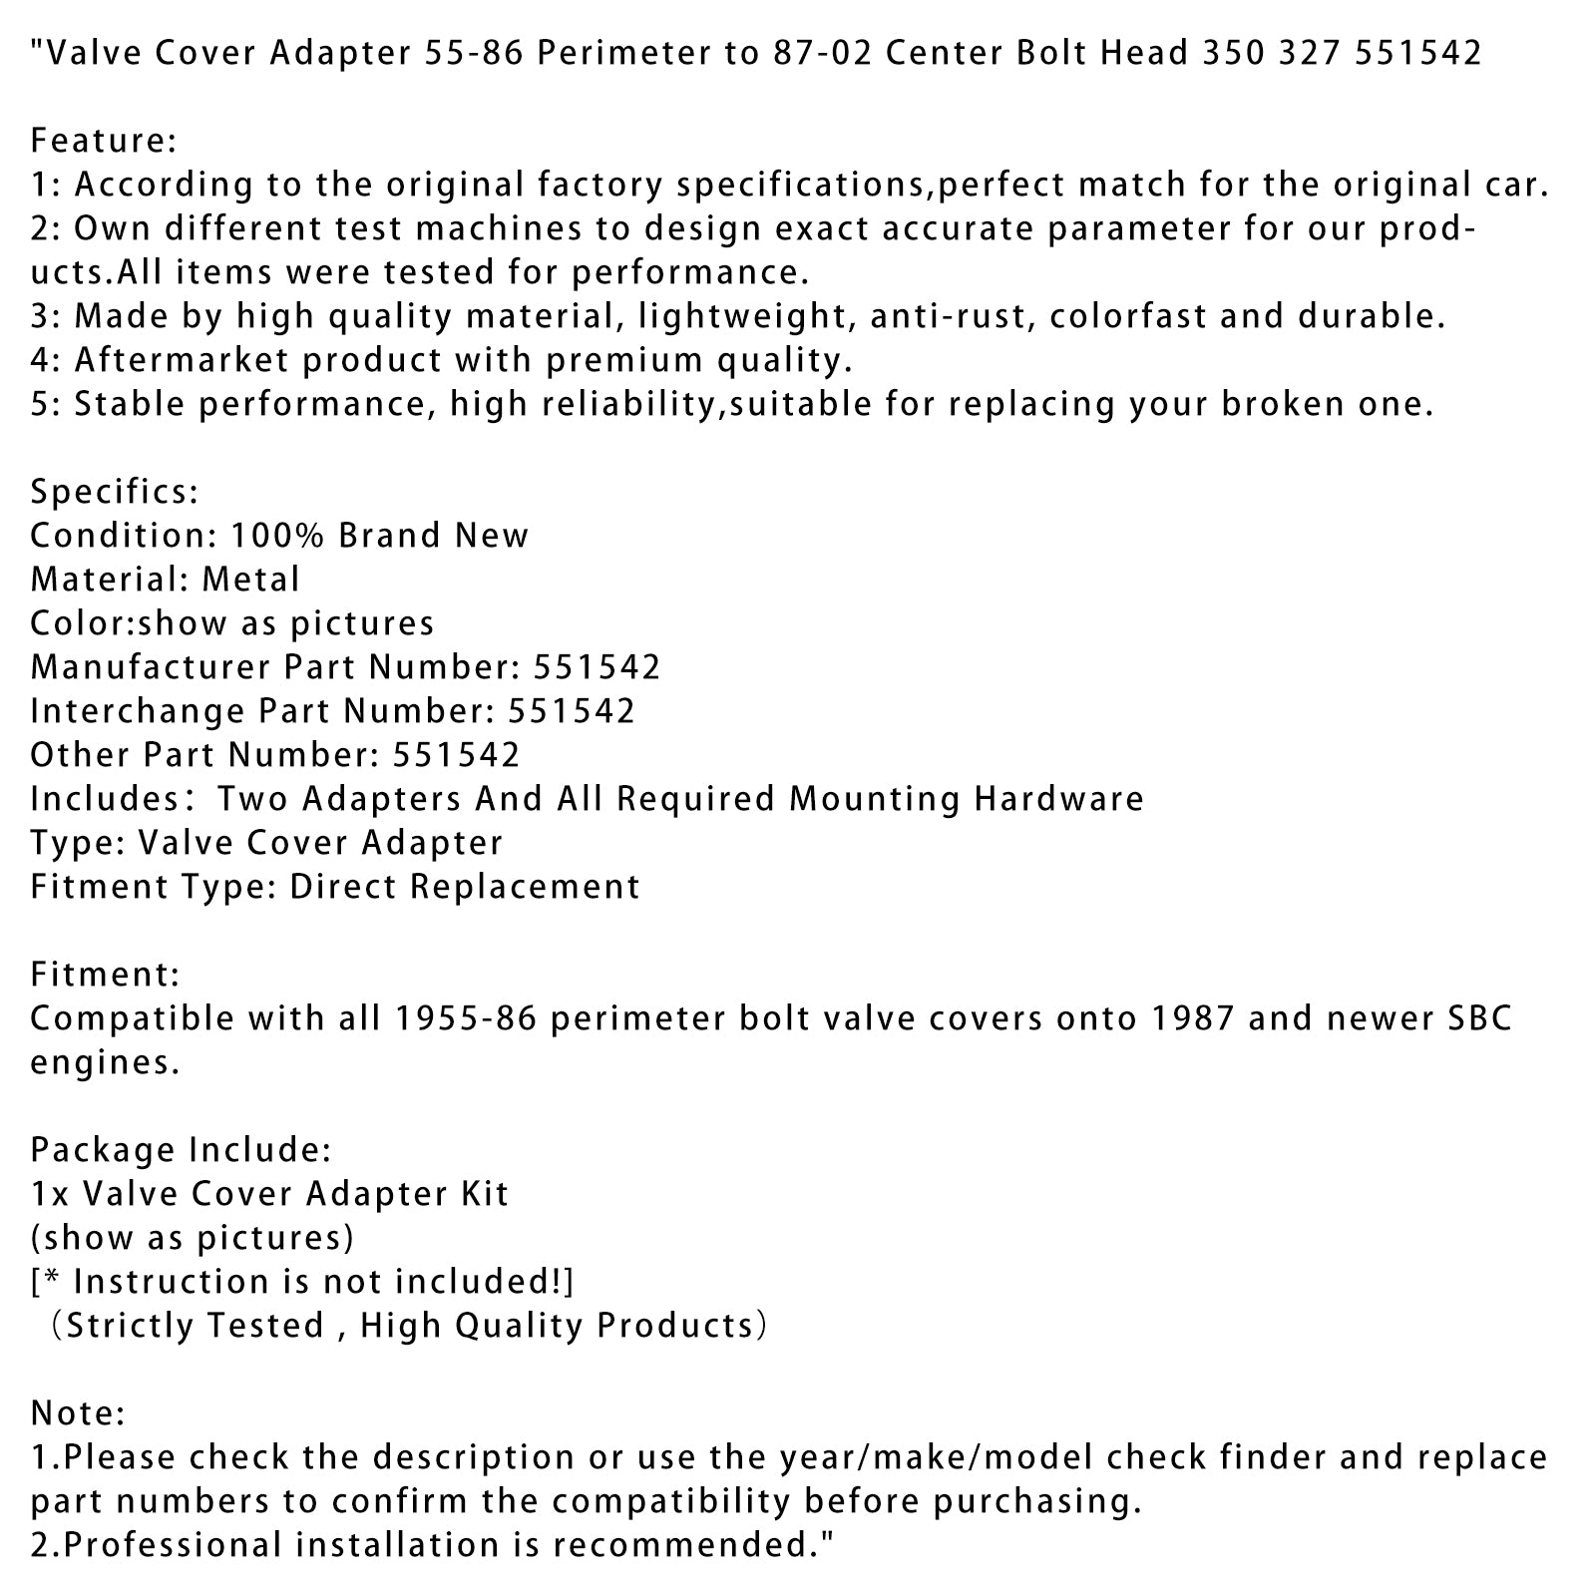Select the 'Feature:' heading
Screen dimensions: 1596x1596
click(x=104, y=140)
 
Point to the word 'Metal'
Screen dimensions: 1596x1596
click(x=250, y=580)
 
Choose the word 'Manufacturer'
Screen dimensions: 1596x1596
click(x=150, y=667)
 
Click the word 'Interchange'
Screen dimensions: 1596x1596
click(x=138, y=711)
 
